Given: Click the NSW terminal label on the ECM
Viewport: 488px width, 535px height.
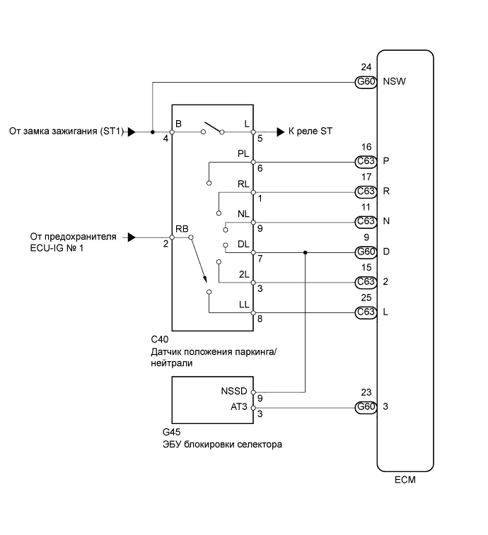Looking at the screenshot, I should (394, 82).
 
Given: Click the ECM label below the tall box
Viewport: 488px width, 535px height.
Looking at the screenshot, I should (405, 481).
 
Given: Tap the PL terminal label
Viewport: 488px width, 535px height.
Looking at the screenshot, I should (244, 153).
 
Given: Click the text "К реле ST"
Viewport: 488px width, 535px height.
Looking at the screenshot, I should (309, 131).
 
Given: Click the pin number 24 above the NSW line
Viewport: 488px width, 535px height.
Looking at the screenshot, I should (366, 69).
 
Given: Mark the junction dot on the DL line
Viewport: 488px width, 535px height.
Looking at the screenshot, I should (305, 252).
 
